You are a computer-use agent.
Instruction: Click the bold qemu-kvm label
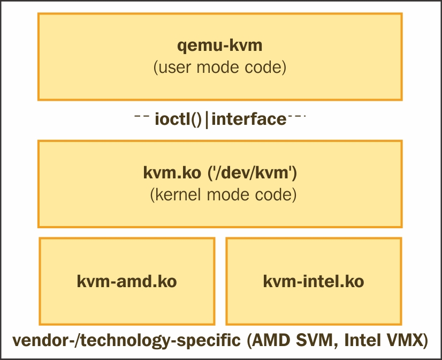tap(220, 46)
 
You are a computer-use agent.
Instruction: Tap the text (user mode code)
tap(220, 68)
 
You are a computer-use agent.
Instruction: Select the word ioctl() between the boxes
tap(178, 119)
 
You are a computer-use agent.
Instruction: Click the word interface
tap(249, 119)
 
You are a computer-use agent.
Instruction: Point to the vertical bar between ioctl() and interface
tap(207, 119)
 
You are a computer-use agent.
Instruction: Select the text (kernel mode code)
tap(223, 194)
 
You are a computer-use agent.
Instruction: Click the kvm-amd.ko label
tap(127, 281)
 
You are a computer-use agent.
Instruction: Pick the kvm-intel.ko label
tap(314, 281)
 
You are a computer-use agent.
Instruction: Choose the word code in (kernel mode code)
tap(276, 194)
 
